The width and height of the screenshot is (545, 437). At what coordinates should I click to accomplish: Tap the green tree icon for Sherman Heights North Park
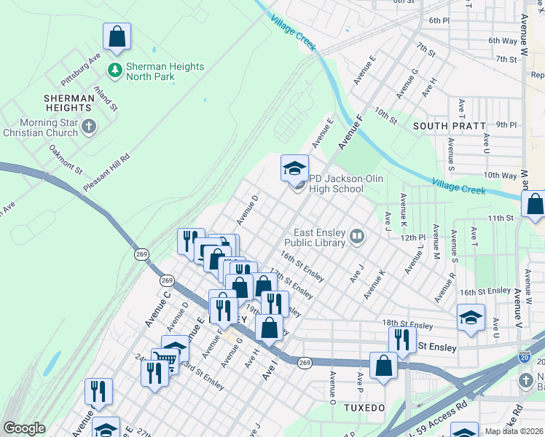114,71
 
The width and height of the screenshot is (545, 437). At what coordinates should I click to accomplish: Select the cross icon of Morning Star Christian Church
89,127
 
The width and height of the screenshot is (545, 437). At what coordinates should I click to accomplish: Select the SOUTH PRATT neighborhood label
449,126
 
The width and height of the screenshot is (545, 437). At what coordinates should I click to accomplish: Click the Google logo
24,428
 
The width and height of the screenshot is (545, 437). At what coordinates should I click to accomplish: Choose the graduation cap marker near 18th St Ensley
471,318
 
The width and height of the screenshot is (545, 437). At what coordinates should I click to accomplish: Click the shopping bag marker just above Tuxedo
383,366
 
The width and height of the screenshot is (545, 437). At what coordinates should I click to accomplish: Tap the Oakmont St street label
66,159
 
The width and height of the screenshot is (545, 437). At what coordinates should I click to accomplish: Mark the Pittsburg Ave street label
80,66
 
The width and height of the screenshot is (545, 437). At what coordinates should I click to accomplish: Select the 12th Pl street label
412,237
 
